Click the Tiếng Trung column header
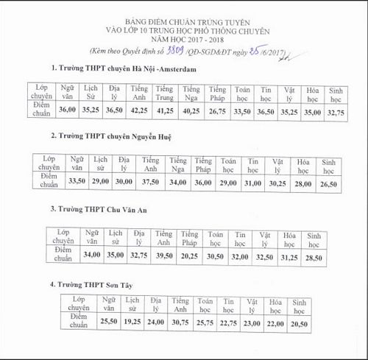pos(165,93)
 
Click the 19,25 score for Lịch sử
pos(132,322)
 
